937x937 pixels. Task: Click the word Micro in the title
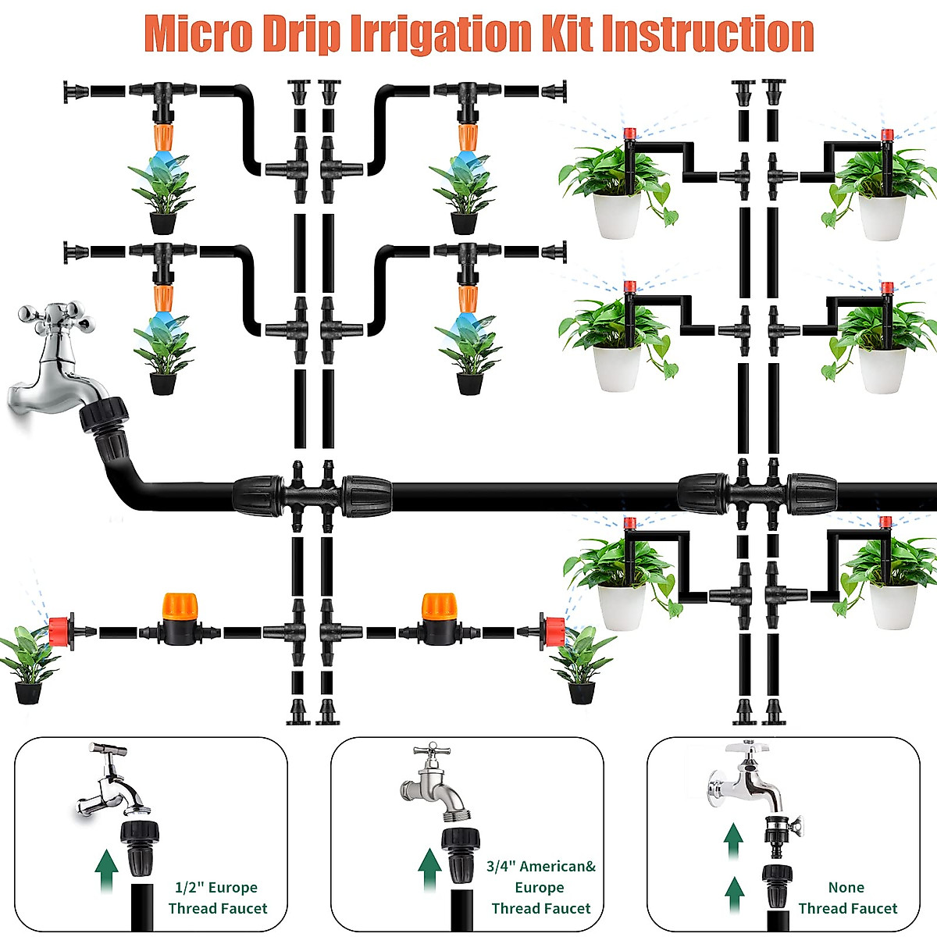(199, 34)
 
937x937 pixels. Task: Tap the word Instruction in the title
(707, 34)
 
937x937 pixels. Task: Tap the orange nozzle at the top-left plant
(163, 137)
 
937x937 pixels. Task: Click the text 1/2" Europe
(216, 887)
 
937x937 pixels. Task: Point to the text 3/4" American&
(540, 867)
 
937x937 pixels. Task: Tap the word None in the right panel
(846, 887)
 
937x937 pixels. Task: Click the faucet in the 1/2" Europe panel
(112, 781)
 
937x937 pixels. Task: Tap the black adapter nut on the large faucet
(104, 415)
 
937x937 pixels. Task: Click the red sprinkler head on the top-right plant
(887, 134)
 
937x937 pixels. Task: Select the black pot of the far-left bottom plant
(28, 693)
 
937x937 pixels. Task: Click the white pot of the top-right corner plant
(882, 217)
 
